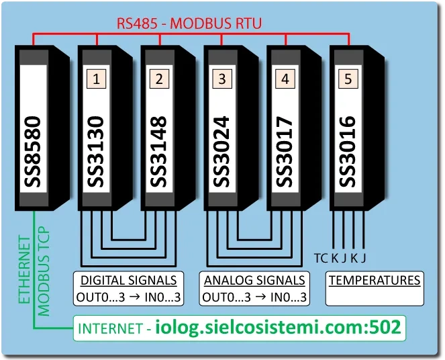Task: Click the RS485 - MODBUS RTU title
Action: [x=189, y=24]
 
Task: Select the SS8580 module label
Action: [x=33, y=152]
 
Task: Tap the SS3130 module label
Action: [x=96, y=152]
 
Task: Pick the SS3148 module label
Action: [x=159, y=152]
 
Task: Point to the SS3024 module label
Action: [x=221, y=152]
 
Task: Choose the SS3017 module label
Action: [x=285, y=152]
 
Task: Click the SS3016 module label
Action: [x=348, y=152]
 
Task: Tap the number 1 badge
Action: [x=96, y=79]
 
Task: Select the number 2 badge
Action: [x=159, y=79]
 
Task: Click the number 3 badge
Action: [x=222, y=79]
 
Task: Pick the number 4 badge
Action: [x=285, y=79]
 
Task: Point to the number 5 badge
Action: [x=348, y=79]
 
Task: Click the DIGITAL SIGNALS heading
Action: [x=129, y=281]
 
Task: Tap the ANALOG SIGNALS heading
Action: [x=254, y=281]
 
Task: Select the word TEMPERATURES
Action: [x=375, y=281]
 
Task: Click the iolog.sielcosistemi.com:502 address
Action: [x=278, y=327]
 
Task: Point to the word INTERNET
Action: [x=110, y=329]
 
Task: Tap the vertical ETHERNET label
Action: [x=24, y=270]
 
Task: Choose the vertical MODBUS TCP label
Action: [x=44, y=271]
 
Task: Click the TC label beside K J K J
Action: [x=322, y=259]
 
